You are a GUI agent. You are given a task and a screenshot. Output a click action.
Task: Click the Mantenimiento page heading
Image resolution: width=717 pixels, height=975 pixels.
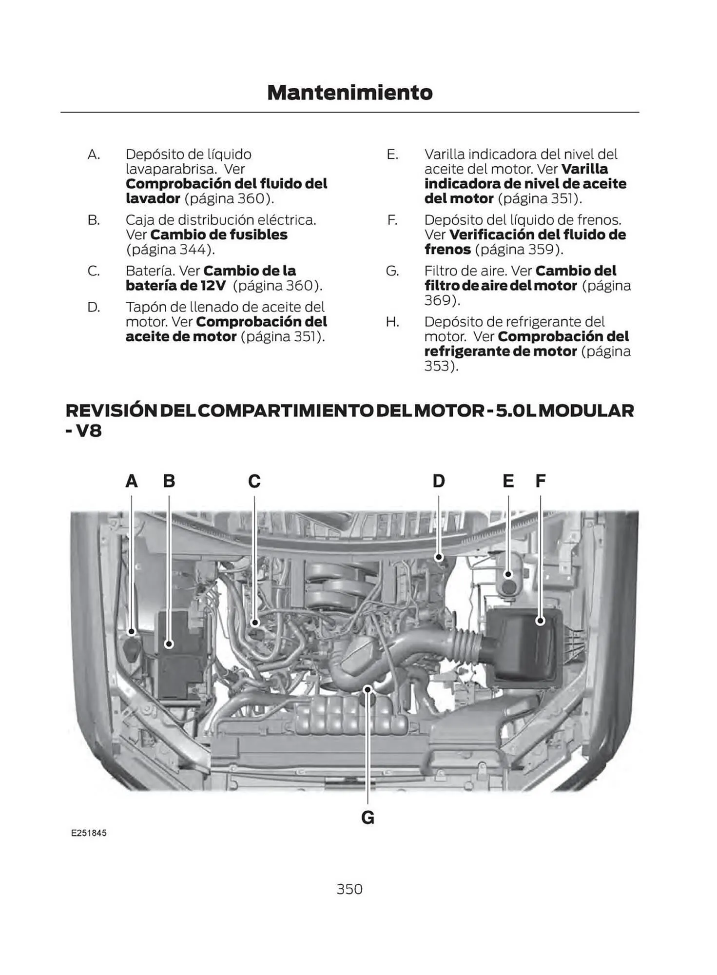[x=349, y=93]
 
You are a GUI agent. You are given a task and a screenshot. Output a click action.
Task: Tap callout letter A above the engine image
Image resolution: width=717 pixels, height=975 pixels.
[x=132, y=481]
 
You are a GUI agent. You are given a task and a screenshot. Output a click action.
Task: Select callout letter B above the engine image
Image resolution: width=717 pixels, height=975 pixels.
[x=169, y=481]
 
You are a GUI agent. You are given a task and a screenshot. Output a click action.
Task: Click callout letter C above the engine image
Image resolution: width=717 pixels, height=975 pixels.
[x=254, y=481]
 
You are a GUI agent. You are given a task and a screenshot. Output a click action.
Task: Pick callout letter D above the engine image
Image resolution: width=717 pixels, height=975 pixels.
[x=439, y=481]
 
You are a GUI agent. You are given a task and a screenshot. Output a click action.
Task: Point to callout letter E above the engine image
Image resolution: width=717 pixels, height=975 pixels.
[x=508, y=481]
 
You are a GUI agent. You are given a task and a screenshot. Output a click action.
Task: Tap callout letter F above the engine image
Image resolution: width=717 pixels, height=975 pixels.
[x=540, y=481]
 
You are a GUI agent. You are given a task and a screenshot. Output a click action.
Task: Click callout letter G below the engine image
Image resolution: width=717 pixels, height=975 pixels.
[x=368, y=818]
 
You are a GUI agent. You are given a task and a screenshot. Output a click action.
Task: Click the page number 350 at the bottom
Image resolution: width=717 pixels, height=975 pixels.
[x=349, y=889]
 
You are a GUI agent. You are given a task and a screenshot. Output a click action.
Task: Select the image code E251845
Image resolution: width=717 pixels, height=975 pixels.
[x=89, y=833]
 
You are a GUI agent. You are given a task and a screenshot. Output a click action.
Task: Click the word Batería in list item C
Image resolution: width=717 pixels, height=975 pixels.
[x=150, y=271]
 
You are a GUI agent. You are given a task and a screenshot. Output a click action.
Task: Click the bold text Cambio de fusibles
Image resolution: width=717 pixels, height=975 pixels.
[x=219, y=235]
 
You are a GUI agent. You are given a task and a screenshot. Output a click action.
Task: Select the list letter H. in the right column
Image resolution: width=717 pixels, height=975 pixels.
[x=392, y=322]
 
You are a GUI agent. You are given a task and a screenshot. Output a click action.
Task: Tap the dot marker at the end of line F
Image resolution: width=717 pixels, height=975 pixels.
[x=540, y=621]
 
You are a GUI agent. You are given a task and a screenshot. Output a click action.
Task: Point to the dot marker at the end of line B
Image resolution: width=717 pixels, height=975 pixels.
[x=169, y=644]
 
